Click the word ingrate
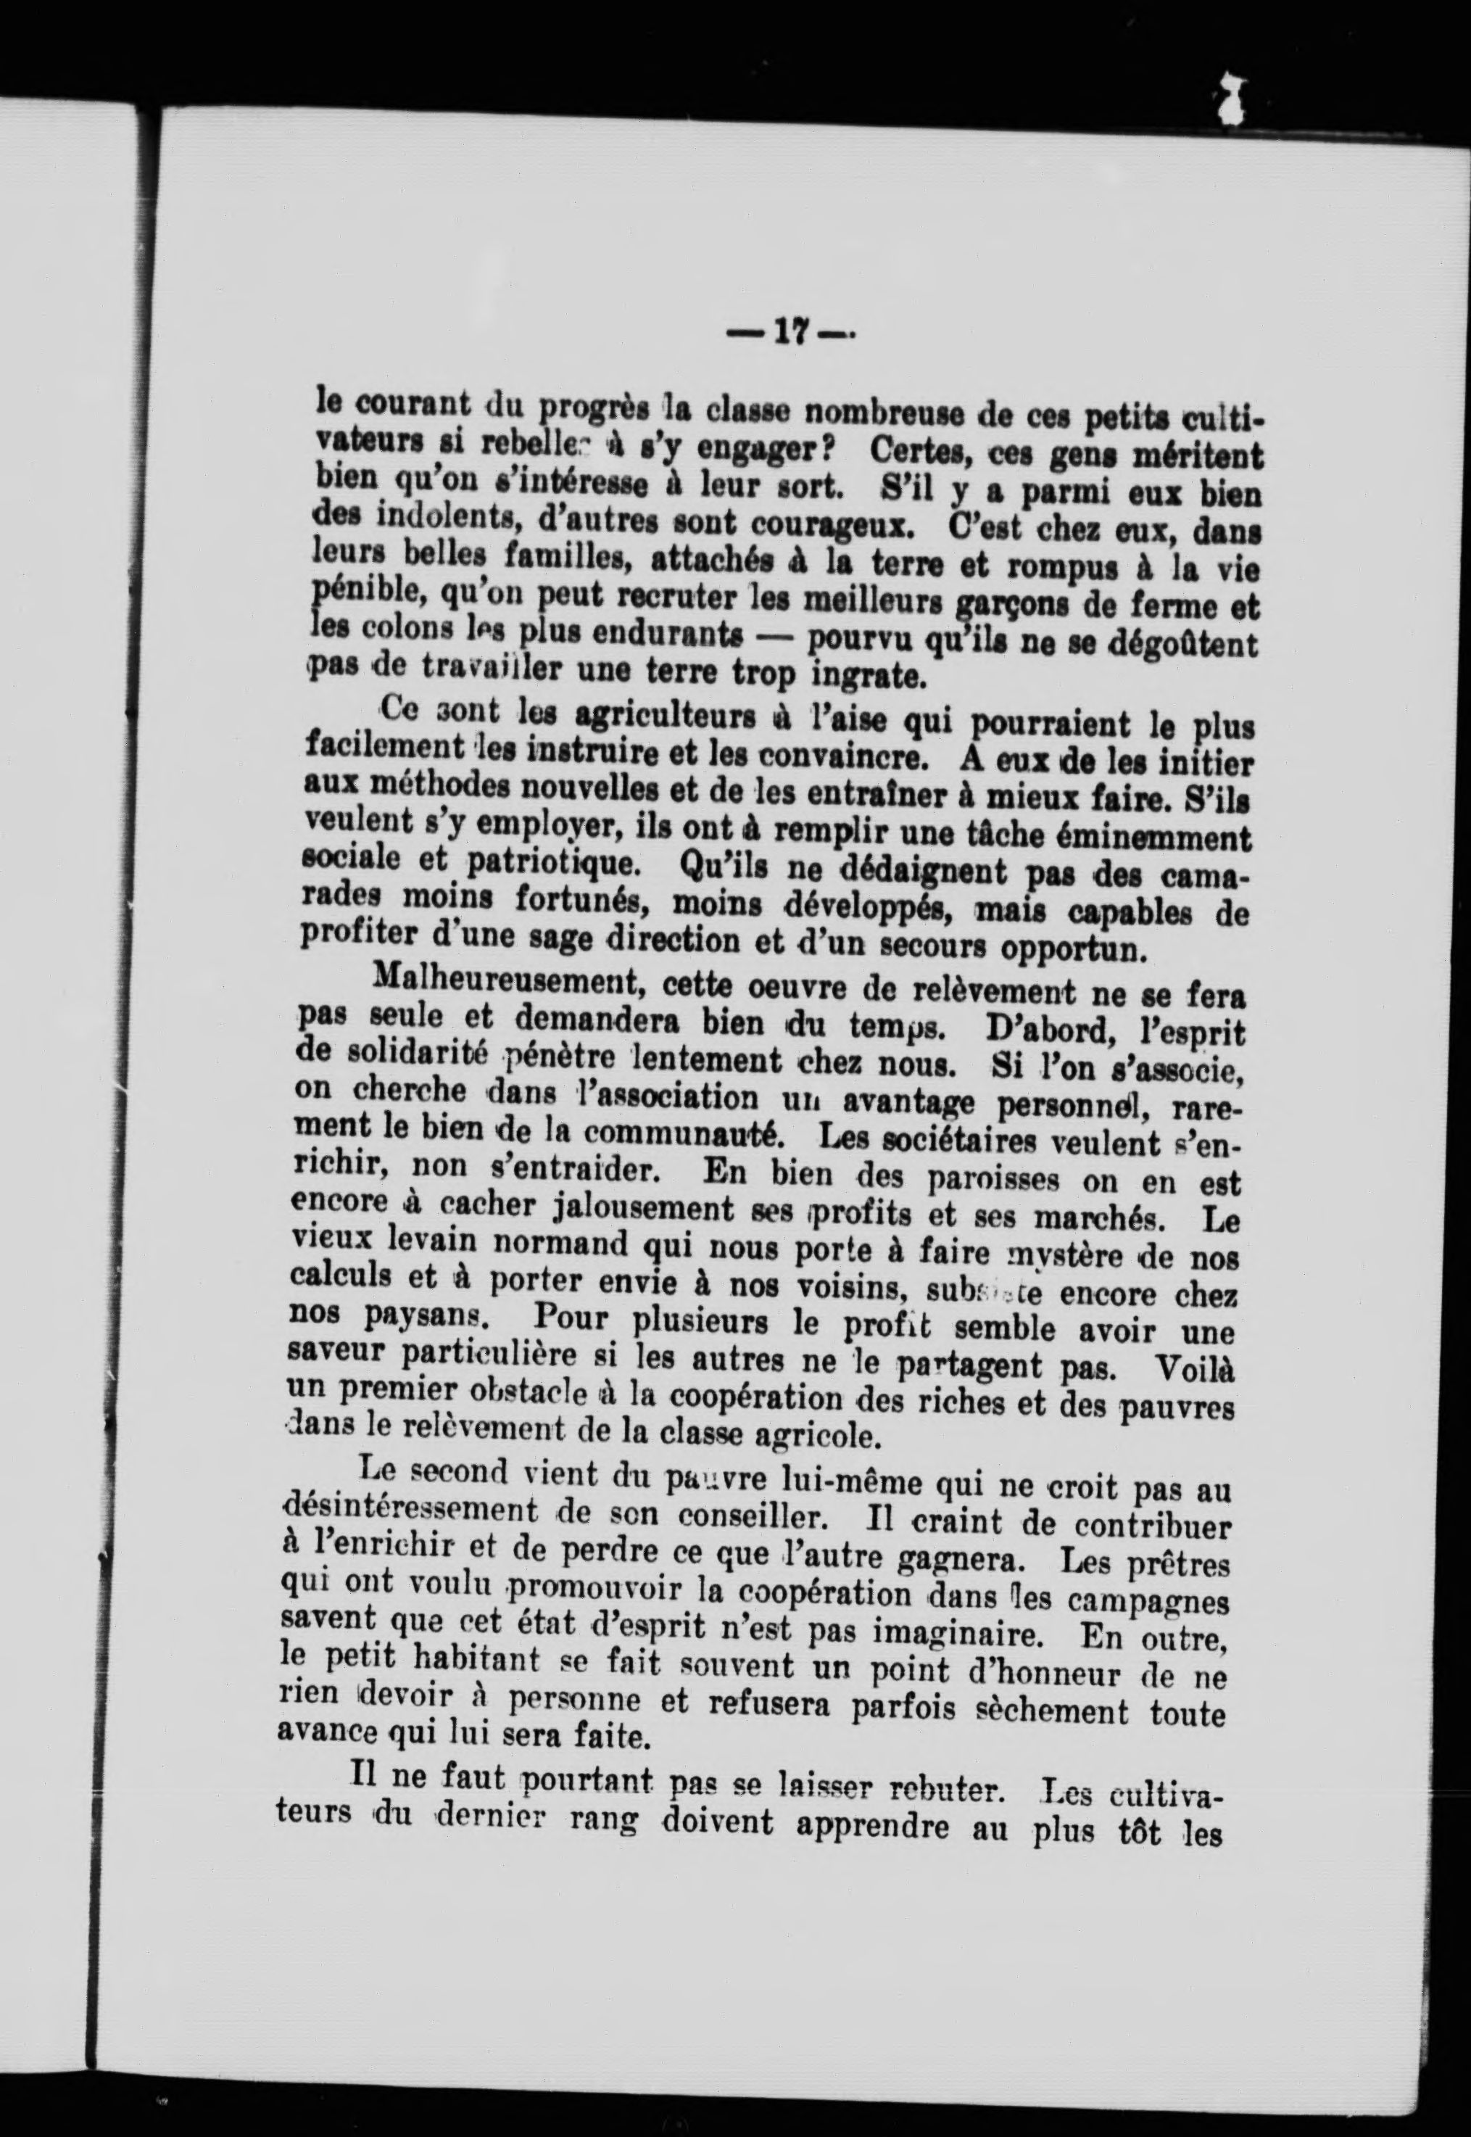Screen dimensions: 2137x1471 [867, 677]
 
